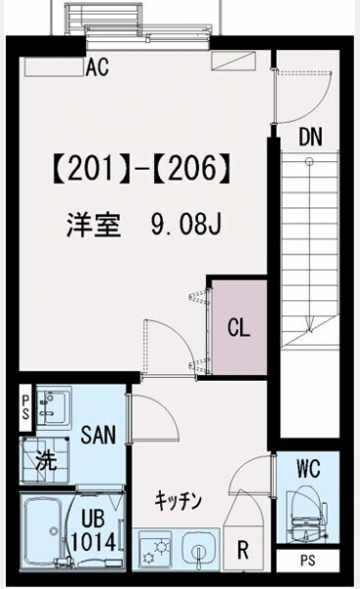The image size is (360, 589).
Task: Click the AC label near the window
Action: (97, 67)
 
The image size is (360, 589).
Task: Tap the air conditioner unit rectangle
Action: (54, 67)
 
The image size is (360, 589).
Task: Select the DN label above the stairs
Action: (310, 137)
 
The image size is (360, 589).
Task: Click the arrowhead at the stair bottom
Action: (310, 326)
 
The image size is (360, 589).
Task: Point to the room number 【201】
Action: (91, 169)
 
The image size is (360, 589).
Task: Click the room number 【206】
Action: (192, 169)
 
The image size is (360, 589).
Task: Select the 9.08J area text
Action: (186, 224)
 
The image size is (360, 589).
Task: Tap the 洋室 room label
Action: (93, 224)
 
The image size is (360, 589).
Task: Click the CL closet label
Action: (238, 328)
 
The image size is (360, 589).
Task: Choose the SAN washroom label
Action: (98, 435)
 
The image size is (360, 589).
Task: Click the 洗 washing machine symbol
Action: (46, 460)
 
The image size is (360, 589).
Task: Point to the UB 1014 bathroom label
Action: (93, 530)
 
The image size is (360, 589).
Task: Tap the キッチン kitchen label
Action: (179, 501)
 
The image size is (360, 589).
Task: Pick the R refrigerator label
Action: (243, 551)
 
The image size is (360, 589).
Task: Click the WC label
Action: (309, 468)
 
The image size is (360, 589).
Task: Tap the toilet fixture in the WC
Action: (305, 518)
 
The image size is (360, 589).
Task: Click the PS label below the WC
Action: (308, 561)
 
